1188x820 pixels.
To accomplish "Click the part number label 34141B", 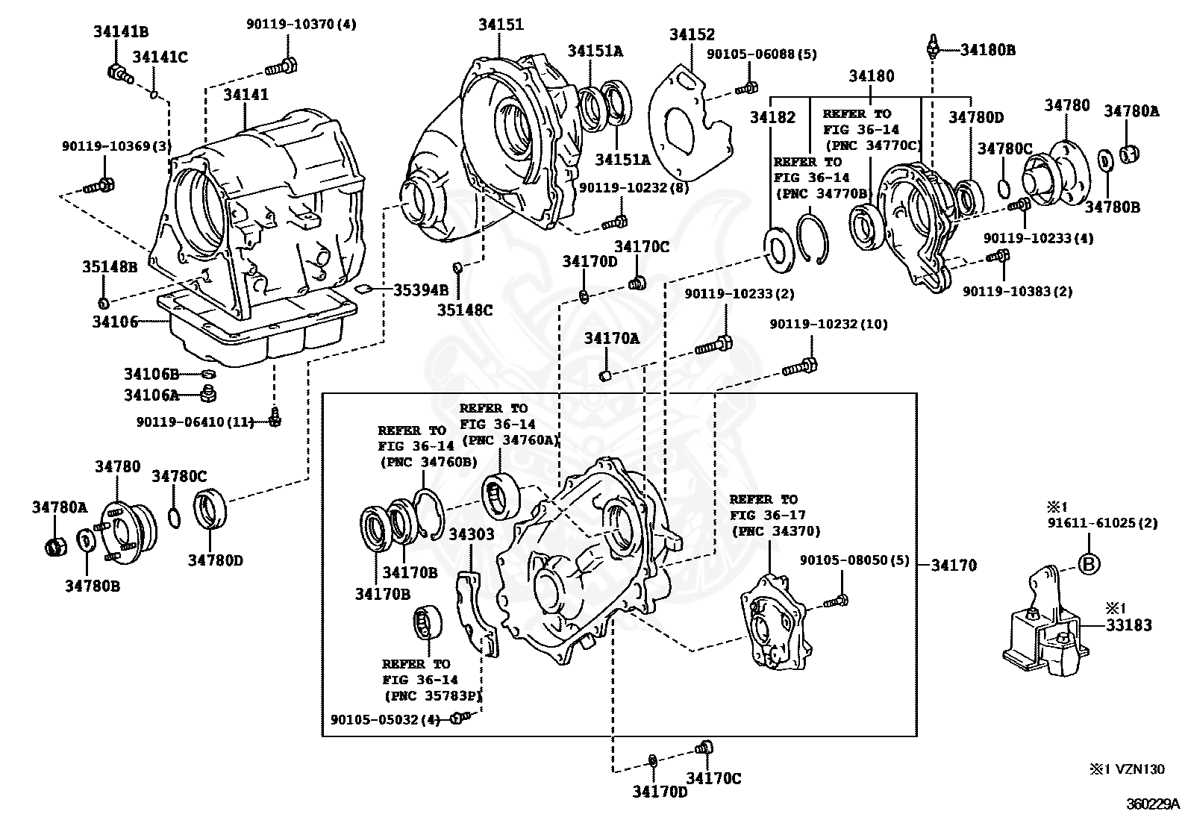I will [120, 31].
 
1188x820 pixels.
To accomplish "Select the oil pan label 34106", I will [115, 322].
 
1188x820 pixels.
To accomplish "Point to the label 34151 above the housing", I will [501, 25].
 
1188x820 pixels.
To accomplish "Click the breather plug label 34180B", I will [987, 50].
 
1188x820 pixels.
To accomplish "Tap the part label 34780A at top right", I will [1131, 111].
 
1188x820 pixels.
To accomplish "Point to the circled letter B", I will [1089, 564].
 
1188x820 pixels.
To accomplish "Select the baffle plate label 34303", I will [471, 533].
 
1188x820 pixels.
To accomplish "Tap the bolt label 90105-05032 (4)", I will [386, 719].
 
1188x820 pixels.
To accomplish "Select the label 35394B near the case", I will [421, 289].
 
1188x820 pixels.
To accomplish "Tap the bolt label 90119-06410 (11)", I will [201, 422].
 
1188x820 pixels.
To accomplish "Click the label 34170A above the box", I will [612, 339].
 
